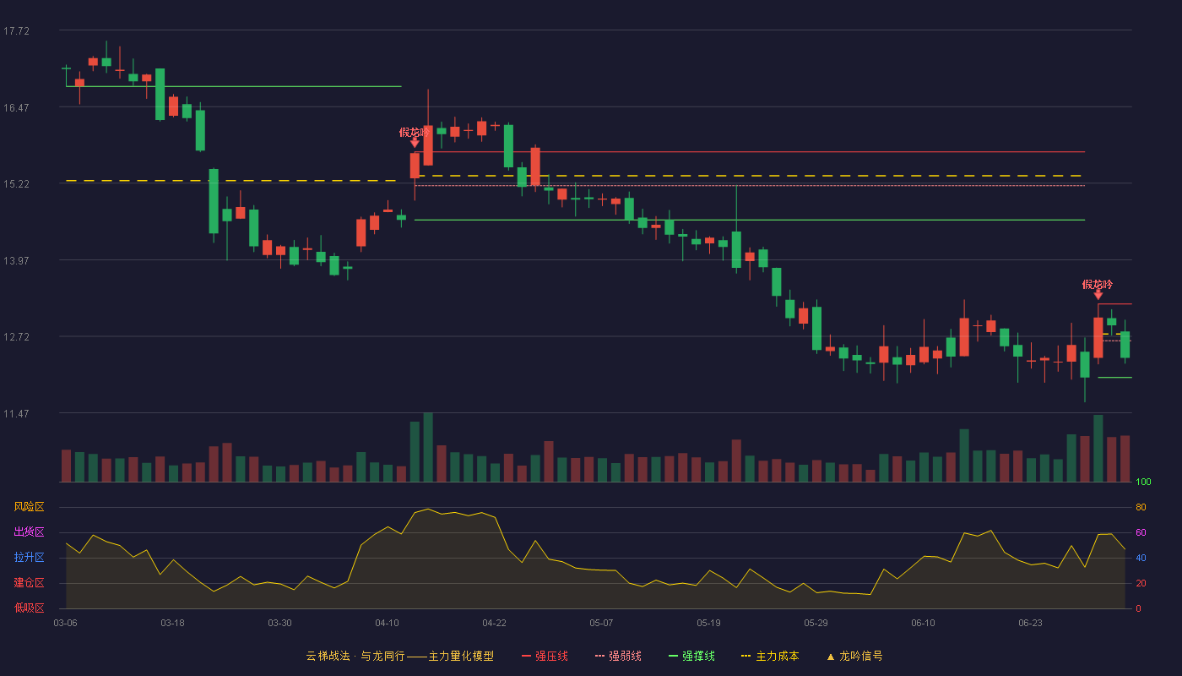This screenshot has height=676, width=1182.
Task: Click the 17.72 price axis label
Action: (x=16, y=31)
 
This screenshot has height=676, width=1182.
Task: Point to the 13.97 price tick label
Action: (x=16, y=261)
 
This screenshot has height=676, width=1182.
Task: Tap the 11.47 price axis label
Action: (x=16, y=414)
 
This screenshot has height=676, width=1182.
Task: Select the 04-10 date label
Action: (x=387, y=624)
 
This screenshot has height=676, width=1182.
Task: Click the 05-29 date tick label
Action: (x=816, y=624)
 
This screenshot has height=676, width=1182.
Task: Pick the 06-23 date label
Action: (x=1030, y=624)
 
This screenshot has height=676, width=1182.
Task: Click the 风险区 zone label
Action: (x=29, y=507)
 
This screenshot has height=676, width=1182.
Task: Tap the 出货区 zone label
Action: (x=29, y=532)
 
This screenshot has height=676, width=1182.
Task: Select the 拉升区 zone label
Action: (x=29, y=557)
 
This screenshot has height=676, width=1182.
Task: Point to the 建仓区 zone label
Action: (x=29, y=582)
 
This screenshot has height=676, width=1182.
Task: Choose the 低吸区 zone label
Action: (x=29, y=608)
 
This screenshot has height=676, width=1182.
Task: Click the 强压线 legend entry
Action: (x=545, y=656)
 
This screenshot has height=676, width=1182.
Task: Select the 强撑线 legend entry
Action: (x=691, y=656)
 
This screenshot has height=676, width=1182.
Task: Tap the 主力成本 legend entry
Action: (x=770, y=656)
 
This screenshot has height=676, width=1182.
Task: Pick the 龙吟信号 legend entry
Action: (x=854, y=656)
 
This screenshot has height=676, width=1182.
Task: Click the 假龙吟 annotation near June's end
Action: (x=1098, y=285)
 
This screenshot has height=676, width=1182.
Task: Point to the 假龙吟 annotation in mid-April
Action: (x=415, y=132)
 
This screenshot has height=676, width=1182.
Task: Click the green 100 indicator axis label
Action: (x=1143, y=482)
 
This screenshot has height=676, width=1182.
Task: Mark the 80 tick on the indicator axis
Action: (x=1141, y=507)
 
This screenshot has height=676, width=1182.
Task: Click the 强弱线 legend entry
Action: (x=618, y=656)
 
